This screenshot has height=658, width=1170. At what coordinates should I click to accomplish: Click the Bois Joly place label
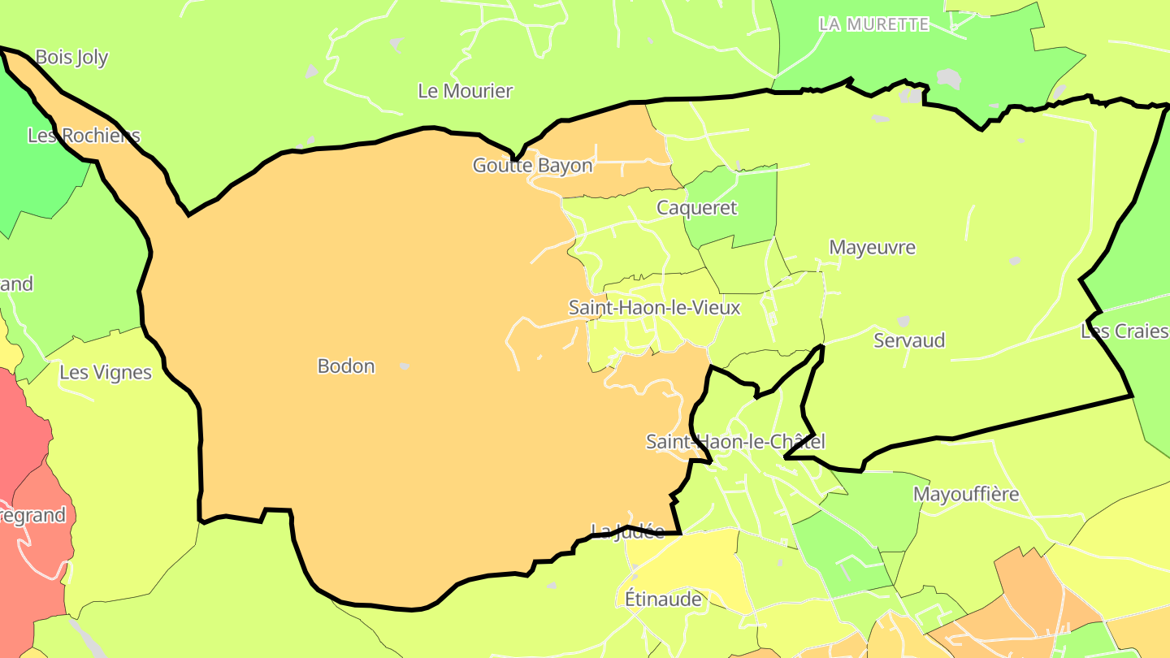pyautogui.click(x=71, y=58)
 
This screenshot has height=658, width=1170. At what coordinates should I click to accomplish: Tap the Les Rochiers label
pyautogui.click(x=84, y=136)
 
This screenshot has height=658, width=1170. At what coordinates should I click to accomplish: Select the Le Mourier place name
pyautogui.click(x=465, y=91)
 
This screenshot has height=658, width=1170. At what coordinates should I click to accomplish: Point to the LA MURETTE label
pyautogui.click(x=873, y=24)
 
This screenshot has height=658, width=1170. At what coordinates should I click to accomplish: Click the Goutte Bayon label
pyautogui.click(x=532, y=166)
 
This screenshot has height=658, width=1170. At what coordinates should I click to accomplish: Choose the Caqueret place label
pyautogui.click(x=696, y=208)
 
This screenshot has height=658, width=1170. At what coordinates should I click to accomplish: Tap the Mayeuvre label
pyautogui.click(x=872, y=248)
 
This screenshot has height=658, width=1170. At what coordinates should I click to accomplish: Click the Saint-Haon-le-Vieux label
pyautogui.click(x=654, y=308)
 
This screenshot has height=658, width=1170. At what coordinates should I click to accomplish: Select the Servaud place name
pyautogui.click(x=909, y=340)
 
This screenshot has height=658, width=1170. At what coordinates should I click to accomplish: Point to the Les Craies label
pyautogui.click(x=1124, y=331)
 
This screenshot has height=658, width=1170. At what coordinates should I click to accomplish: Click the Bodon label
pyautogui.click(x=346, y=366)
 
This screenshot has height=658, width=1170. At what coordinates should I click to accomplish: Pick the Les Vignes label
pyautogui.click(x=106, y=373)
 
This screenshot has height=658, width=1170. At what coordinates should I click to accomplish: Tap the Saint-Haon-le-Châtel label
pyautogui.click(x=735, y=442)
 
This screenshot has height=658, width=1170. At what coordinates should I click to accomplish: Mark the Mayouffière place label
pyautogui.click(x=965, y=494)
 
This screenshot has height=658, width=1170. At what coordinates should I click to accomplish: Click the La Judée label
pyautogui.click(x=627, y=531)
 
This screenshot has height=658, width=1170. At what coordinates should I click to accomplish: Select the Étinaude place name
pyautogui.click(x=663, y=600)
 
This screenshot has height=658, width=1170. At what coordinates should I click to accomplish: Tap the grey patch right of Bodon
pyautogui.click(x=404, y=367)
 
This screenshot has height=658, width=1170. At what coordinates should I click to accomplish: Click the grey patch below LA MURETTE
pyautogui.click(x=948, y=79)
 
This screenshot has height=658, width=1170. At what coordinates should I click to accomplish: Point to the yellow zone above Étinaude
pyautogui.click(x=691, y=561)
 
